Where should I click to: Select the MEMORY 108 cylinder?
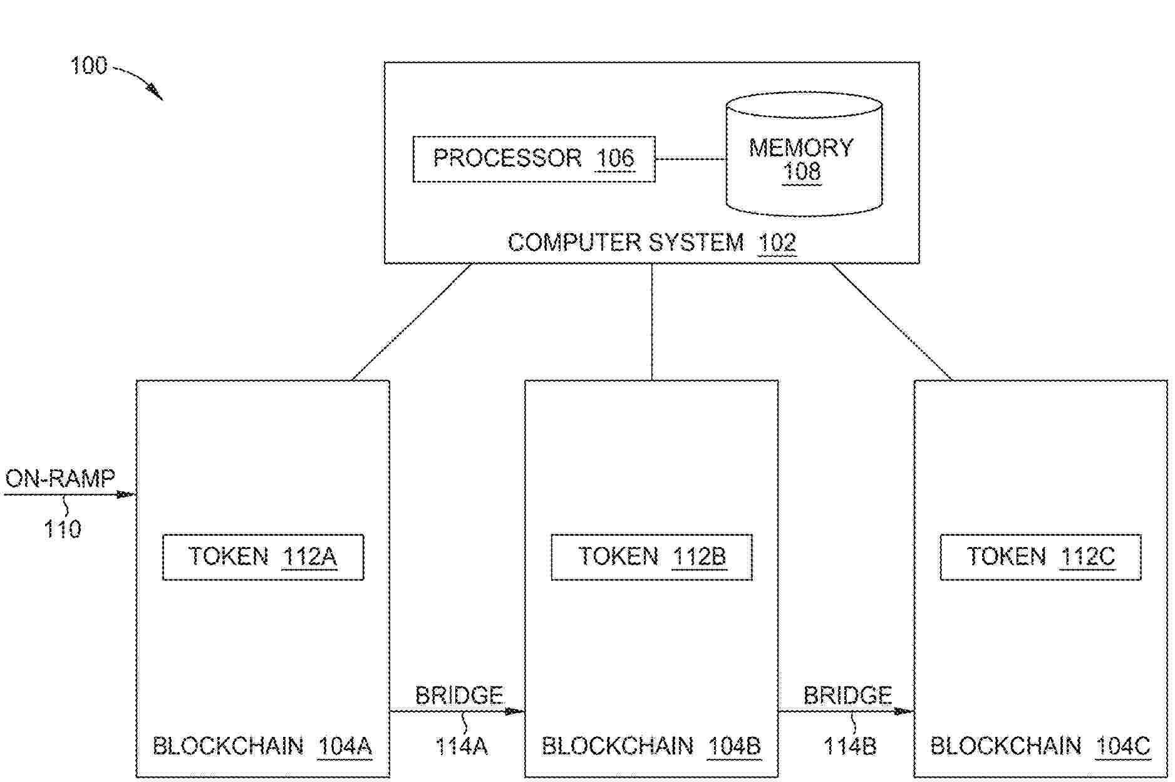(x=804, y=154)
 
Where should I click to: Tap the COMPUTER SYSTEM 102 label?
(x=651, y=242)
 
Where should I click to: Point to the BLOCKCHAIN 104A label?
(x=262, y=746)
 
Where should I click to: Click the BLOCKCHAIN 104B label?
(x=651, y=746)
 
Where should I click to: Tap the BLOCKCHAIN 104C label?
(x=1040, y=746)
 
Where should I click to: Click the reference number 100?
(x=89, y=66)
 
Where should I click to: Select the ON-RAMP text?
(x=61, y=479)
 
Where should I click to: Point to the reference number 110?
(x=62, y=530)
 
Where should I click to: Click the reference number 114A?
(x=462, y=746)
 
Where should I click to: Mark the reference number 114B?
(x=850, y=746)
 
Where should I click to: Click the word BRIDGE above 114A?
(x=459, y=696)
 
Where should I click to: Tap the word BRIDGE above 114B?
(x=847, y=696)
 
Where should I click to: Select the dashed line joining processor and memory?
(x=690, y=159)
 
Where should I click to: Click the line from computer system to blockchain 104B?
(x=652, y=321)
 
